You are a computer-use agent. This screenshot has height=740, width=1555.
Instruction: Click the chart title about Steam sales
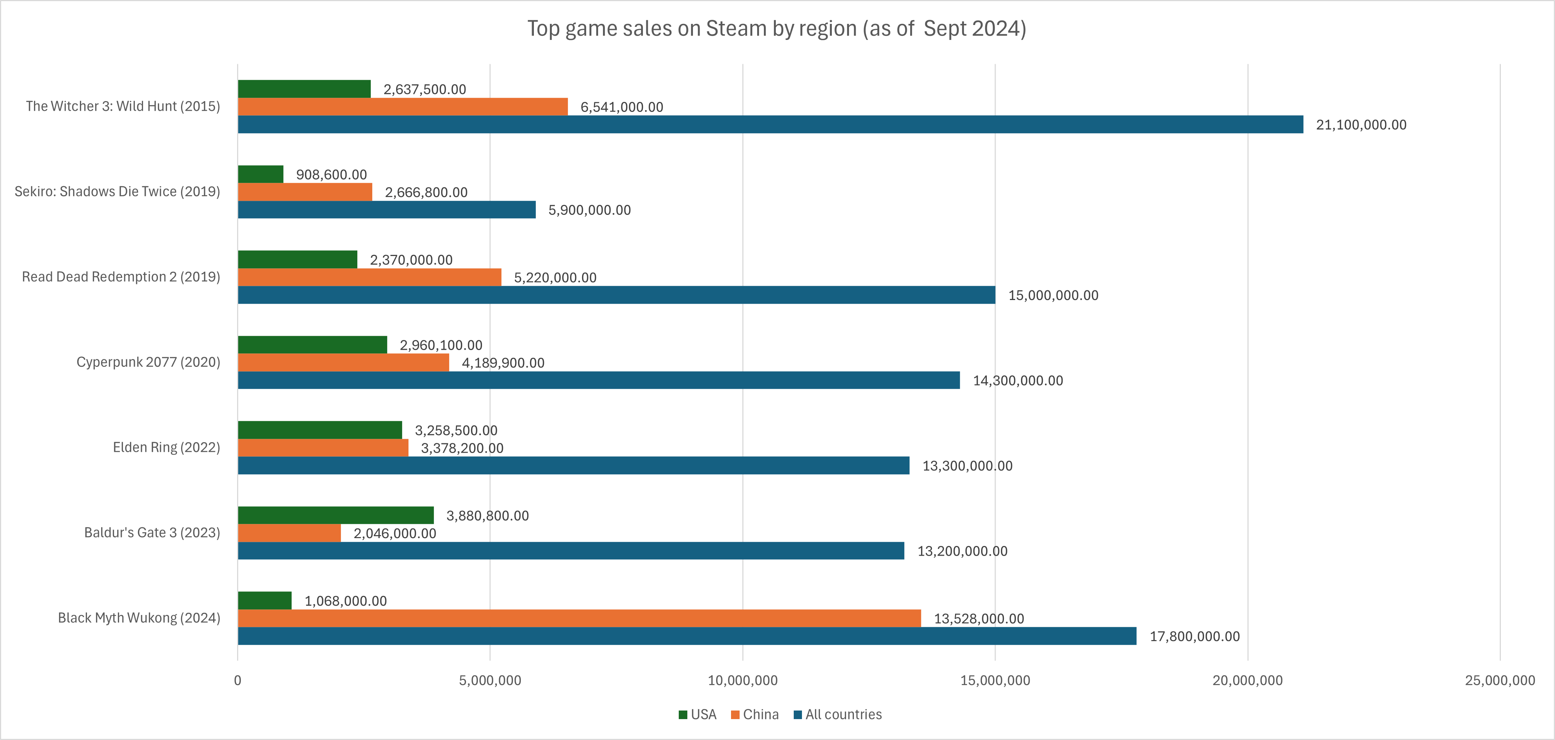[776, 28]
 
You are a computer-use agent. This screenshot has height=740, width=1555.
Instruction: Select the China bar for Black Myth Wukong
[579, 618]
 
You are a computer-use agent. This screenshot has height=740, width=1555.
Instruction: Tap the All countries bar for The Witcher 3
[770, 124]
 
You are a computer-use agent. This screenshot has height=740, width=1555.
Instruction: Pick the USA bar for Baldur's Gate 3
[336, 515]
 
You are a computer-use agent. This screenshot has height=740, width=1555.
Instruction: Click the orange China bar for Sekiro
[305, 192]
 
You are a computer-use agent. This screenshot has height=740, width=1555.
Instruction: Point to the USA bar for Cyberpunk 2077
[312, 345]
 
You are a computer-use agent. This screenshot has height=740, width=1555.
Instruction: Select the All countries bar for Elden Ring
[573, 465]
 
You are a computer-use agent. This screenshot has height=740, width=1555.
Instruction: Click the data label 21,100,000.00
[1360, 125]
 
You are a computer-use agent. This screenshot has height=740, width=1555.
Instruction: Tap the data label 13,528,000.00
[979, 619]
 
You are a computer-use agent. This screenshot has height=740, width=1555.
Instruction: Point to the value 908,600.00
[331, 174]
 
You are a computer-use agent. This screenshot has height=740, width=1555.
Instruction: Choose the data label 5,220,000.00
[555, 278]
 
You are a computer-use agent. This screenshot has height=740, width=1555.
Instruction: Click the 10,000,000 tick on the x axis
[743, 680]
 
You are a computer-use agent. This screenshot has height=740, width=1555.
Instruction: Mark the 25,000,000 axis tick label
[1499, 680]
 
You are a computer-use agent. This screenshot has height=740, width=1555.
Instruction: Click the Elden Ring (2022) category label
[166, 447]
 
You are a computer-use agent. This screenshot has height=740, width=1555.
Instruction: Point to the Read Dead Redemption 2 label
[121, 277]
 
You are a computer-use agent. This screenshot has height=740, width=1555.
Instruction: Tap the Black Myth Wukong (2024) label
[139, 618]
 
